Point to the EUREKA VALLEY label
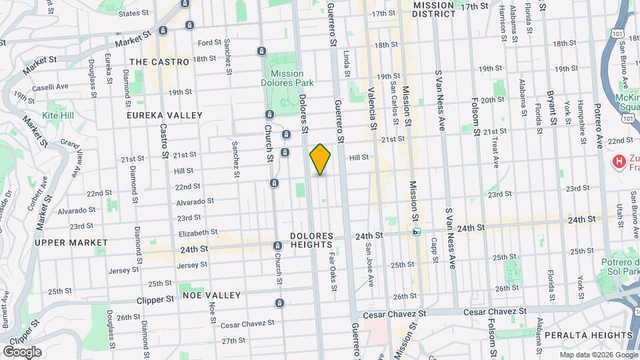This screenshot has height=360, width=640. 165,115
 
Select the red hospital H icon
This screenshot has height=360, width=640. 619,161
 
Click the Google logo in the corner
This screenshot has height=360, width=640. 21,352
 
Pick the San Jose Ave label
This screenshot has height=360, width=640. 367,263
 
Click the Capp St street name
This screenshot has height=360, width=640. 433,250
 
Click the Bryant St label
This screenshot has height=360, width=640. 551,109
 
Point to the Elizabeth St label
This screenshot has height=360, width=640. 198,233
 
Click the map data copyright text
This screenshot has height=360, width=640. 598,354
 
